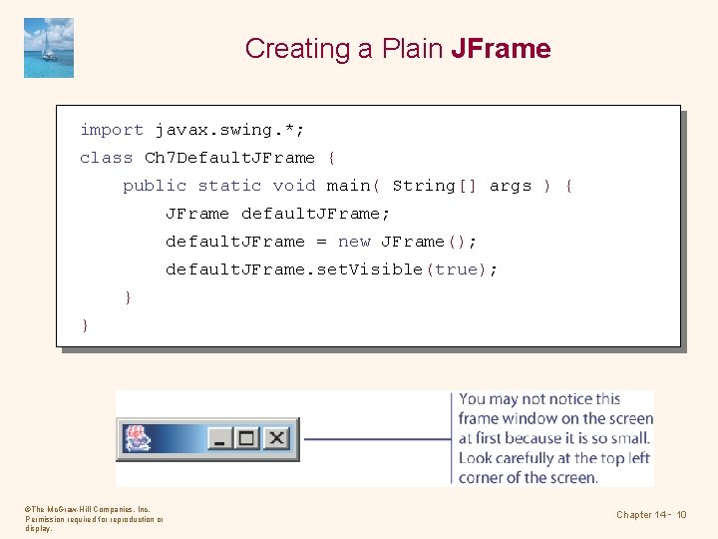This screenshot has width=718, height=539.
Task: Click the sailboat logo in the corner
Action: (49, 47)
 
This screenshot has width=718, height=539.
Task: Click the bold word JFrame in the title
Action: (501, 48)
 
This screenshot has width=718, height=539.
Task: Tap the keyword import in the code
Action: (112, 130)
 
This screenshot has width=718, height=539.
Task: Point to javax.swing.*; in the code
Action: (230, 130)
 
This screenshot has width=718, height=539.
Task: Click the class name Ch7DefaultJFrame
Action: (229, 158)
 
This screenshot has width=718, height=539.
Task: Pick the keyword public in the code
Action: (155, 186)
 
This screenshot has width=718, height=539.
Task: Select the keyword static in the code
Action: (229, 186)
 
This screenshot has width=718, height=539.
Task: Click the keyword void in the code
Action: (294, 186)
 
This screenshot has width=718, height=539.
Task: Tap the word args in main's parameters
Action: (510, 186)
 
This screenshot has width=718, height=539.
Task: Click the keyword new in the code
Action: (354, 242)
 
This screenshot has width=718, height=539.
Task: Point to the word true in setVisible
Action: (456, 269)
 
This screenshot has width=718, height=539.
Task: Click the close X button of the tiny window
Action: (276, 438)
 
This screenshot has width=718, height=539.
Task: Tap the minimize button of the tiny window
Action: (219, 438)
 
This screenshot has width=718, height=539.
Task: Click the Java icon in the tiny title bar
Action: (137, 438)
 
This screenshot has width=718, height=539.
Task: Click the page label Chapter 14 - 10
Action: (651, 515)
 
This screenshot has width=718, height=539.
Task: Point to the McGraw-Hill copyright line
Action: (87, 509)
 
